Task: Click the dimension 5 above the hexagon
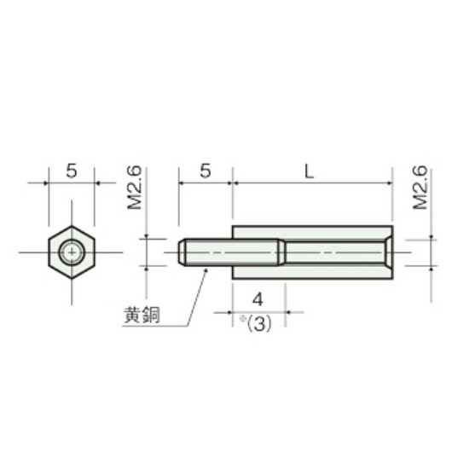tap(72, 171)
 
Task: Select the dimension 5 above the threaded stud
tap(206, 171)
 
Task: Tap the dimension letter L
tap(310, 172)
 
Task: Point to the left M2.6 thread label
tap(134, 188)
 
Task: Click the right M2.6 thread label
tap(420, 188)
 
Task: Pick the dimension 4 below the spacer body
tap(258, 299)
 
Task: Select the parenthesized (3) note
tap(259, 323)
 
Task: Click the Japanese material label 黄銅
tap(142, 315)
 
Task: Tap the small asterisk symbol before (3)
tap(242, 319)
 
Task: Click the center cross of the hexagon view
tap(72, 252)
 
